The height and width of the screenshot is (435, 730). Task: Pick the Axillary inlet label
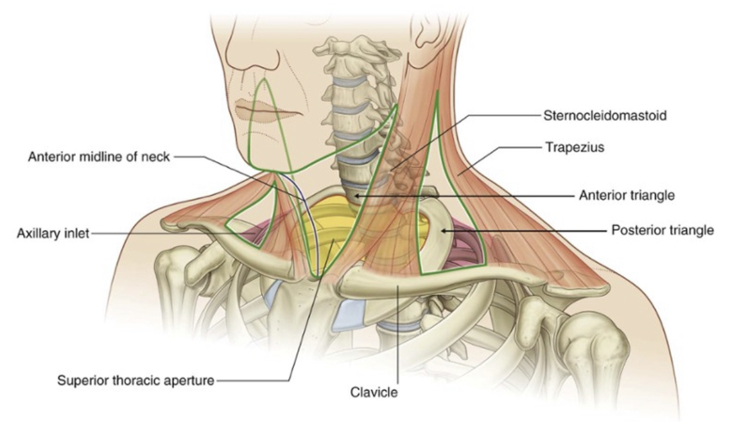point(53,234)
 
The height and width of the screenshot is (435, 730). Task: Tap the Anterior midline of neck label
point(98,157)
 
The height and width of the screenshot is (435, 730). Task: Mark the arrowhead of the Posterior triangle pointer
point(439,229)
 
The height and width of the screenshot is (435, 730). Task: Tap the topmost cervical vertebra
point(347,51)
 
